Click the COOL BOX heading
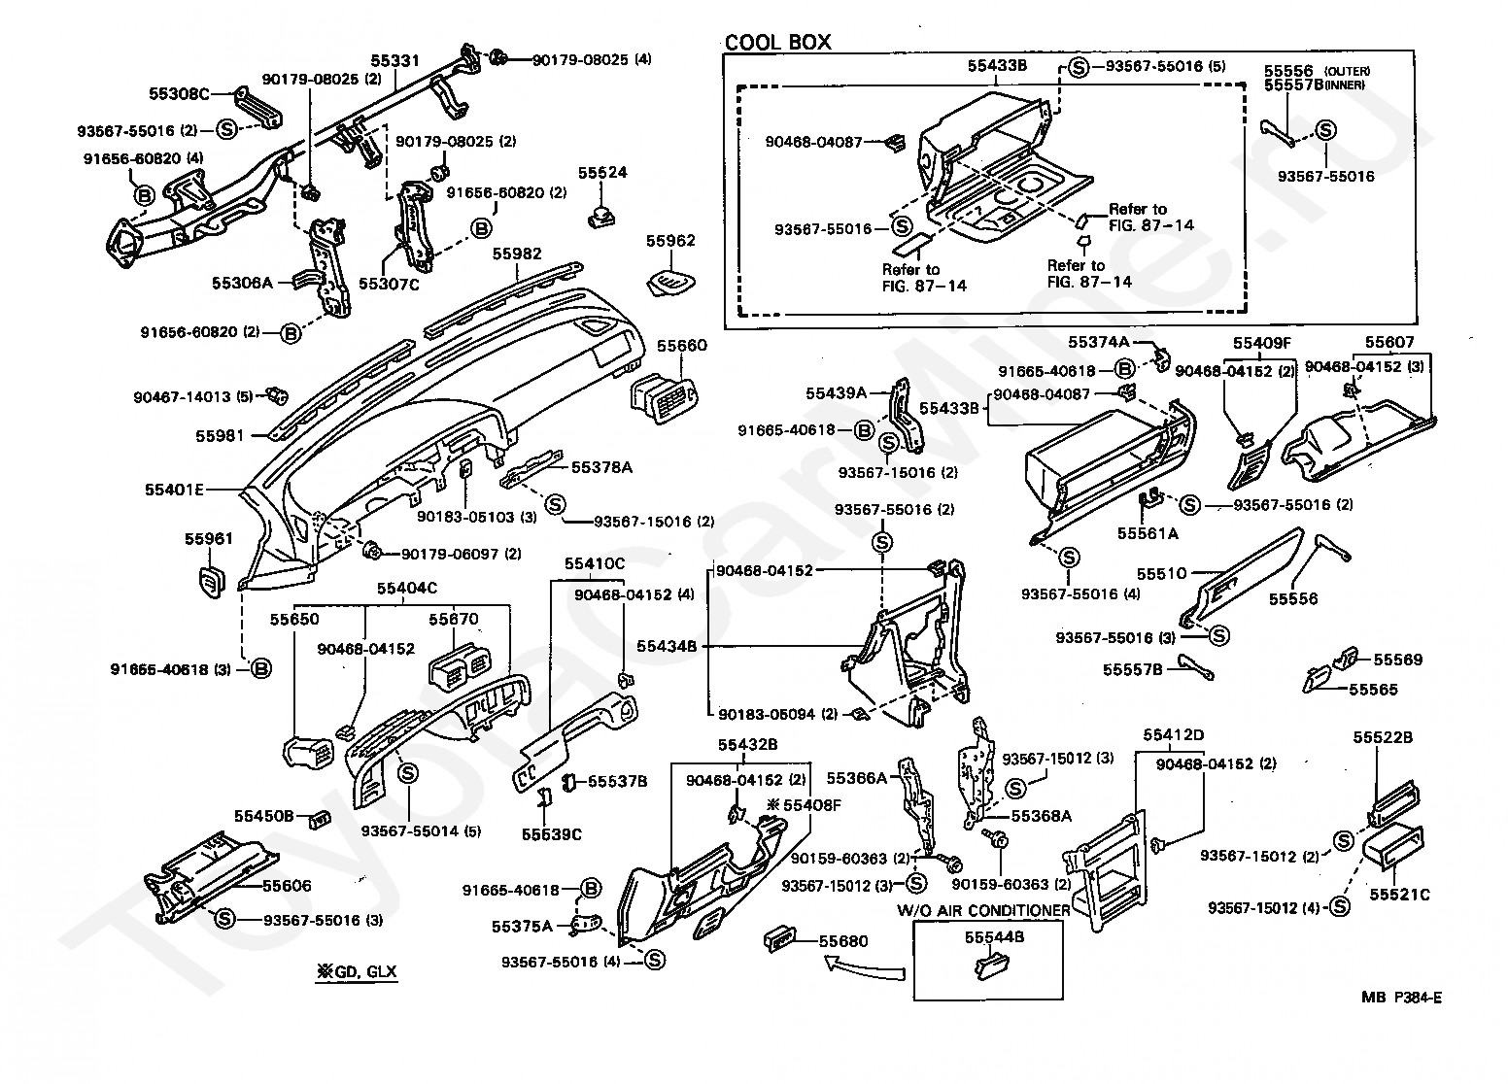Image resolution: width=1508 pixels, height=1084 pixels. point(777,42)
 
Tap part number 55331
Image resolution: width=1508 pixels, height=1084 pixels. point(395,60)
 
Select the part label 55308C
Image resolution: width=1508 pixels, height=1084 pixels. point(179,93)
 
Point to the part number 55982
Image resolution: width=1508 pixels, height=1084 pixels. point(517,254)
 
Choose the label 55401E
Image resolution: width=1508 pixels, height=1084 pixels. point(174,490)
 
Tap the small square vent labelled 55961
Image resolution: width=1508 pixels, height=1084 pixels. point(212,582)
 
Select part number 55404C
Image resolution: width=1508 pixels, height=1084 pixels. point(406,588)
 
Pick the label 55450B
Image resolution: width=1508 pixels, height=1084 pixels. point(264,816)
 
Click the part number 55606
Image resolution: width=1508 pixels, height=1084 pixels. point(287,886)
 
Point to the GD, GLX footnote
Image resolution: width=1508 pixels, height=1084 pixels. point(357,971)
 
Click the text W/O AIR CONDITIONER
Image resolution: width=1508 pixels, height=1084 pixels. point(983,910)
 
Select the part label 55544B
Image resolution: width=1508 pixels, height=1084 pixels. point(994,937)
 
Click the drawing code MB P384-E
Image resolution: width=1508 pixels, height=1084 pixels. point(1402,998)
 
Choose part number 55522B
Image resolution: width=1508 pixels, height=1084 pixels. point(1383,737)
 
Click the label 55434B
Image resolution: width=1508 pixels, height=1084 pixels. point(667,646)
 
